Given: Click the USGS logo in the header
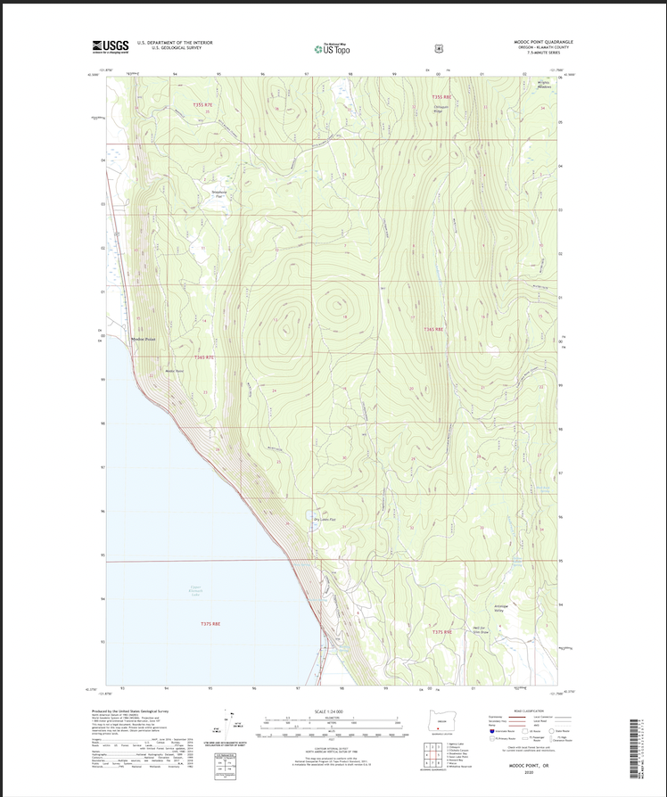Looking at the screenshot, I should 111,46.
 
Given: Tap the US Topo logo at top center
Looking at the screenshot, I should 331,48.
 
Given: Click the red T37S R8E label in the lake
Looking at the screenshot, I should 210,624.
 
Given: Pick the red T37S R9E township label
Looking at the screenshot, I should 443,632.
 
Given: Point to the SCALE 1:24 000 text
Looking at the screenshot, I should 330,711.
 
